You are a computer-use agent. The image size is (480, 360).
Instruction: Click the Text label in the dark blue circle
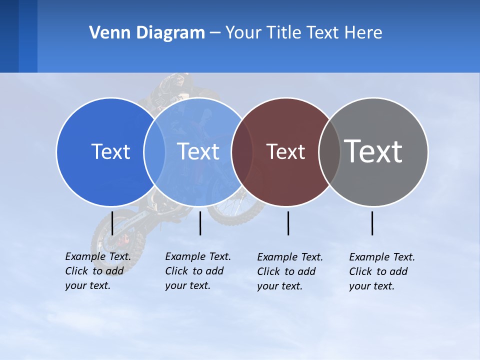[110, 151]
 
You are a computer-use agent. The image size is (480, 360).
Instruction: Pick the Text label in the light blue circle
[198, 151]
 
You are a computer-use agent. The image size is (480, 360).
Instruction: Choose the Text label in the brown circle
[285, 151]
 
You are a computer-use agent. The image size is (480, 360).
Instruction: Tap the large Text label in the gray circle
[373, 151]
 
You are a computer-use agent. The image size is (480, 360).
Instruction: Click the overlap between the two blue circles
[154, 151]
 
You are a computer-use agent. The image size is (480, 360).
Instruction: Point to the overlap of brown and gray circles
[329, 151]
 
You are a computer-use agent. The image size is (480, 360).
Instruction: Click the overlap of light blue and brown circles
[242, 151]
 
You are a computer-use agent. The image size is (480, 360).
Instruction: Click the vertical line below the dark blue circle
[112, 223]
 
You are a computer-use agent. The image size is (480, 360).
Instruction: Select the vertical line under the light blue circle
[200, 223]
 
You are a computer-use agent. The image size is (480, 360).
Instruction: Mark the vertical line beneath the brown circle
[288, 223]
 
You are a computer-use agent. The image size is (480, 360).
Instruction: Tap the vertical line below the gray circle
[372, 223]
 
